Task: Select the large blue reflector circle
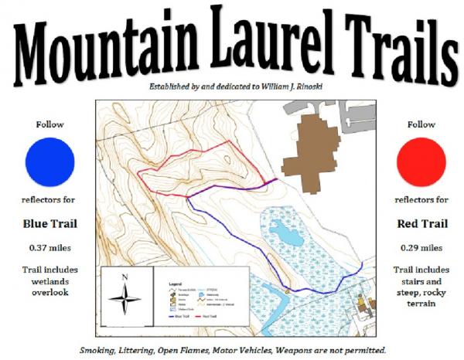click(x=49, y=162)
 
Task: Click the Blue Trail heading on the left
click(x=49, y=225)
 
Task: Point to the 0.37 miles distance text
click(x=49, y=248)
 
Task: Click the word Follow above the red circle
click(x=421, y=124)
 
